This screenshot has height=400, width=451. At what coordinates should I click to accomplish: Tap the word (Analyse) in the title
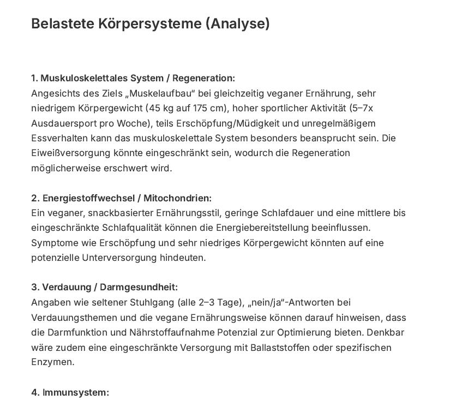[x=238, y=24]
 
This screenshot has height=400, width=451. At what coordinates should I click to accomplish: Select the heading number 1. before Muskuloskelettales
[x=35, y=78]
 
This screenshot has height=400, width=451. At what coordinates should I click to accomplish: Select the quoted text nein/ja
[x=271, y=302]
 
